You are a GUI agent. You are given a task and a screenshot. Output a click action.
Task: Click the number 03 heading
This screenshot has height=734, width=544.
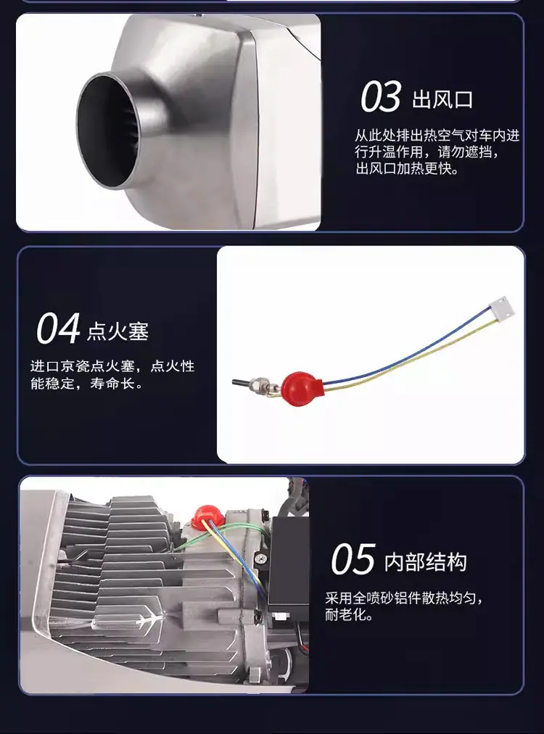(381, 96)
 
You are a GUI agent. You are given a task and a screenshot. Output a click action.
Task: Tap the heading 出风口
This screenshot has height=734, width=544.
(442, 99)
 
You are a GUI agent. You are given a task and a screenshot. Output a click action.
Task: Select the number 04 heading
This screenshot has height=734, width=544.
(58, 328)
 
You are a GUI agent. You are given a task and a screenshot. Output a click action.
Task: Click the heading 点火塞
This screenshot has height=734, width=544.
(118, 331)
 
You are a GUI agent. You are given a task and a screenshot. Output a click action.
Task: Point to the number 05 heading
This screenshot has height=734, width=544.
(353, 559)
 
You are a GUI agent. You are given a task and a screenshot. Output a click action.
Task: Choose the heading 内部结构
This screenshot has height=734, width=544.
(426, 561)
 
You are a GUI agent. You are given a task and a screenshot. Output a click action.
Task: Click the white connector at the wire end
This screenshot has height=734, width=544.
(501, 307)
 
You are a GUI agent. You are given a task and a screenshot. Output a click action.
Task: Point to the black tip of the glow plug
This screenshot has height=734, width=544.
(241, 383)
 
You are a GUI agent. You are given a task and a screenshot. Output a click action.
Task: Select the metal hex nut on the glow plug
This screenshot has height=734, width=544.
(258, 386)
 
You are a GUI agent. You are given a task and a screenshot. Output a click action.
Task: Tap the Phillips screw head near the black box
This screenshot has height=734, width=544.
(261, 558)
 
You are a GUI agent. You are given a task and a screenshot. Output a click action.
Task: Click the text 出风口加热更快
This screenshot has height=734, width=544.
(407, 168)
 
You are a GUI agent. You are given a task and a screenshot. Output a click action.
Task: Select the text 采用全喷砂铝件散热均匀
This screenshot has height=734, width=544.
(400, 598)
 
